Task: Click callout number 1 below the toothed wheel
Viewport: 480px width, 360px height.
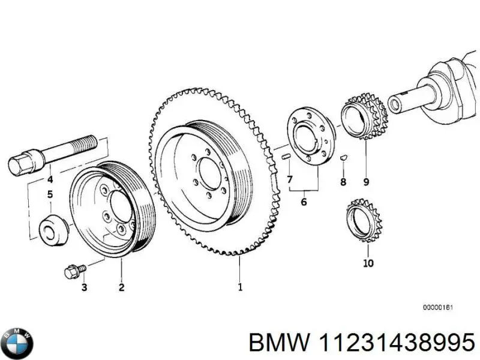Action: click(x=240, y=287)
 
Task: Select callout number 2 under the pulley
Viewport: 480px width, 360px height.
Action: click(x=121, y=287)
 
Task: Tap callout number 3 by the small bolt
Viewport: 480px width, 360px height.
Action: click(x=84, y=288)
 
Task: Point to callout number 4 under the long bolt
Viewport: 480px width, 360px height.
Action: click(x=50, y=179)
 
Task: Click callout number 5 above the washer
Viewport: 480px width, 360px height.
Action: click(x=50, y=194)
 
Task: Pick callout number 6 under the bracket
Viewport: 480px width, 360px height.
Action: click(x=304, y=202)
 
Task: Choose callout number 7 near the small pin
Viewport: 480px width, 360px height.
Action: click(x=289, y=179)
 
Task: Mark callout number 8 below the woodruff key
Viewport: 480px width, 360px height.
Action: click(x=343, y=181)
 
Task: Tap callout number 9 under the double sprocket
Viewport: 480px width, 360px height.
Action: click(x=366, y=182)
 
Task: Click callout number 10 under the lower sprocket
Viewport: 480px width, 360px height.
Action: click(x=368, y=263)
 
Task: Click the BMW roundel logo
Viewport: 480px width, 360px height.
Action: click(x=18, y=344)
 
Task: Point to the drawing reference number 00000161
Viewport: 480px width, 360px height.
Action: click(x=437, y=308)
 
